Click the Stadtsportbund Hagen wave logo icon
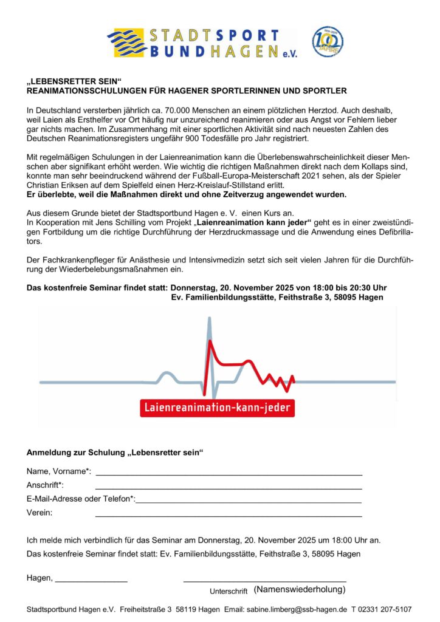click(127, 43)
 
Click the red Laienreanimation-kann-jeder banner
click(218, 406)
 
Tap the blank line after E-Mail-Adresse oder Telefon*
click(249, 502)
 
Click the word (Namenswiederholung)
click(300, 589)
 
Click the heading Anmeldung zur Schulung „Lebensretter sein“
click(115, 453)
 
